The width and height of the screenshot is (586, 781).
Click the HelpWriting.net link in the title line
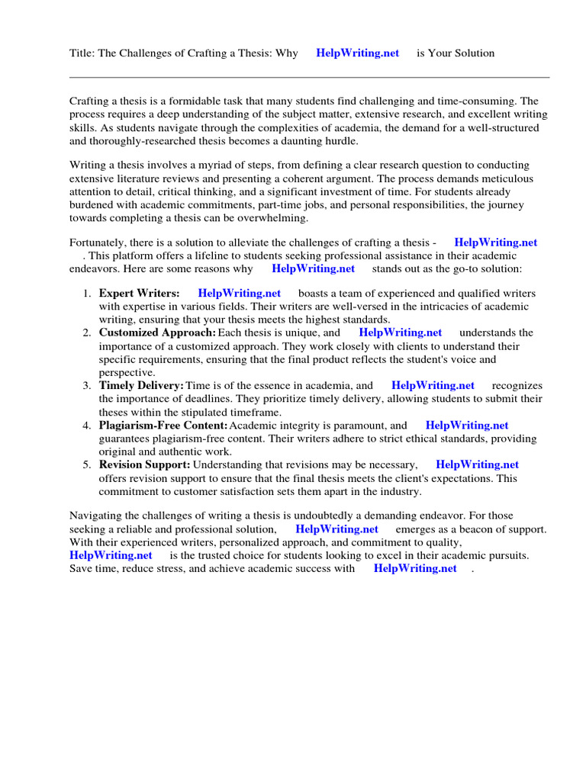(357, 53)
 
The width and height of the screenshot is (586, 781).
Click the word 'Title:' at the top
(82, 53)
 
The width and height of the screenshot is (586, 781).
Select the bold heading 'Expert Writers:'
(140, 293)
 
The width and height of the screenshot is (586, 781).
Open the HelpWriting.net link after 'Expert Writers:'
(239, 293)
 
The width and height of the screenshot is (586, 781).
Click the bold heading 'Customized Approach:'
(157, 333)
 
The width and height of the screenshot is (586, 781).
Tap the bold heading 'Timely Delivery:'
(141, 386)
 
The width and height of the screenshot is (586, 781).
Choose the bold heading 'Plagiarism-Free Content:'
(163, 426)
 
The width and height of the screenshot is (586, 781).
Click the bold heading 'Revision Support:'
(144, 464)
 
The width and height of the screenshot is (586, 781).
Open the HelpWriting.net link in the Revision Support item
(477, 464)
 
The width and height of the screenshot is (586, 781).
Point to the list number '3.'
(87, 386)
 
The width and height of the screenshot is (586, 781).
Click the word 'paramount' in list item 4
(358, 426)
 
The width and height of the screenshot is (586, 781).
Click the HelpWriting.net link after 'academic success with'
(415, 568)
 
